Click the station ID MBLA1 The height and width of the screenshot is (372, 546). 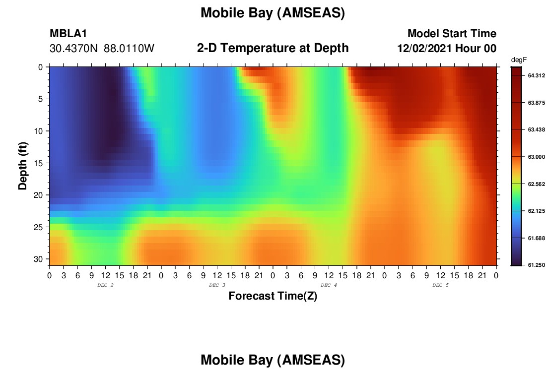pyautogui.click(x=68, y=33)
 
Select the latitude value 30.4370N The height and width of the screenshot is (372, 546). pyautogui.click(x=74, y=48)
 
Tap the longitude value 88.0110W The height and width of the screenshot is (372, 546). pyautogui.click(x=129, y=48)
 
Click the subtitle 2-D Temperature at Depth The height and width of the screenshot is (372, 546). pyautogui.click(x=273, y=48)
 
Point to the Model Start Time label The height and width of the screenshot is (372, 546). pyautogui.click(x=452, y=33)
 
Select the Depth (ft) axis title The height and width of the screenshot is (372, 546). pyautogui.click(x=23, y=166)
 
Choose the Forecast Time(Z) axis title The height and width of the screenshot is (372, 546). pyautogui.click(x=273, y=296)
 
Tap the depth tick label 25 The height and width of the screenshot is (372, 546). pyautogui.click(x=38, y=227)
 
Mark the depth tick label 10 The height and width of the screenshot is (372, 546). pyautogui.click(x=38, y=131)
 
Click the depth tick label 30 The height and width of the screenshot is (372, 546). pyautogui.click(x=38, y=259)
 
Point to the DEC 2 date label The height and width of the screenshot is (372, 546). pyautogui.click(x=105, y=285)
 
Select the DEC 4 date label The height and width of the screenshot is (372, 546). pyautogui.click(x=329, y=285)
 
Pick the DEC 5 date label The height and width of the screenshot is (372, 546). pyautogui.click(x=440, y=285)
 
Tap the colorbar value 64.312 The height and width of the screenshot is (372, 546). pyautogui.click(x=536, y=75)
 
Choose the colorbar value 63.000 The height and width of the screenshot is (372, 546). pyautogui.click(x=536, y=157)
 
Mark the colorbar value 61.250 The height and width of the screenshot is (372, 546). pyautogui.click(x=536, y=265)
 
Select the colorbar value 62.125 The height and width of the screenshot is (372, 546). pyautogui.click(x=536, y=211)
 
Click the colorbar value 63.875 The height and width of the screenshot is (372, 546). pyautogui.click(x=536, y=103)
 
